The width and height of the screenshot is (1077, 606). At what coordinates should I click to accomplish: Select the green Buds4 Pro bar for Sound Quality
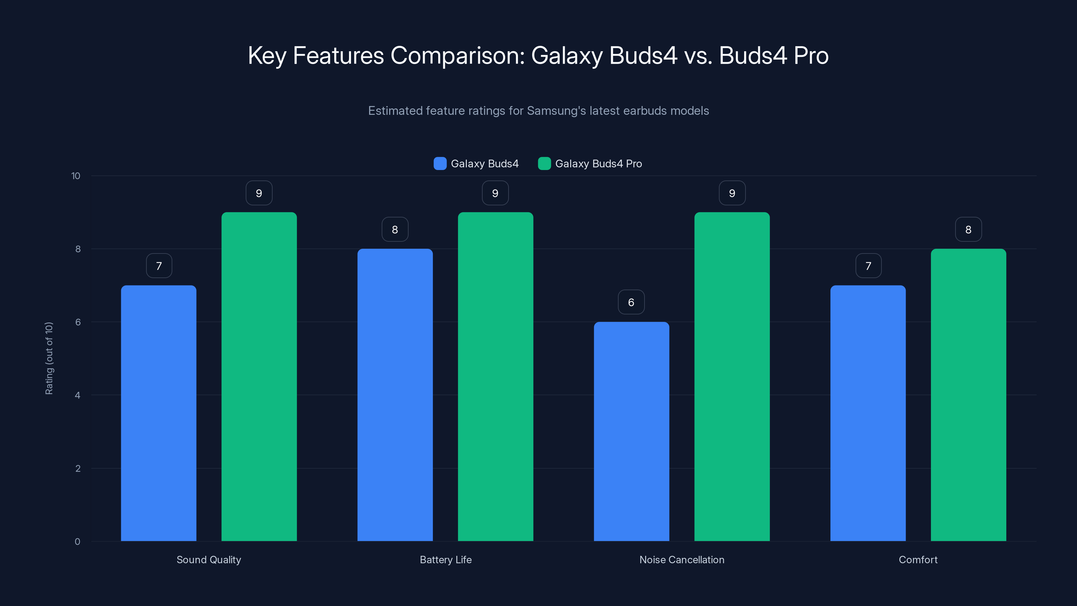coord(259,376)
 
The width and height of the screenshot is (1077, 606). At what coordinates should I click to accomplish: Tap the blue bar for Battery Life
coord(395,395)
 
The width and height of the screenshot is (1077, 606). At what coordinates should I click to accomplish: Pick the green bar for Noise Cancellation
coord(732,376)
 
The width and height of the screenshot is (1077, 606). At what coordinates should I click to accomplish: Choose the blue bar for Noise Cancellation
coord(631,431)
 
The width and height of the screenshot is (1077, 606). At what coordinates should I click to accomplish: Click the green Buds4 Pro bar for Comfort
coord(968,395)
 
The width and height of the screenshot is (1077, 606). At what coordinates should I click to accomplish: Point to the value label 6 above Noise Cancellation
coord(631,302)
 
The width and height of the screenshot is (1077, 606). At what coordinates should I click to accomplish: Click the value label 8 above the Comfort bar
coord(968,229)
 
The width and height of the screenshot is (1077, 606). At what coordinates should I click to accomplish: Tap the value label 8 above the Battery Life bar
coord(395,229)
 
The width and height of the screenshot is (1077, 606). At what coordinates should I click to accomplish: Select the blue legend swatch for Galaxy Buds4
coord(440,164)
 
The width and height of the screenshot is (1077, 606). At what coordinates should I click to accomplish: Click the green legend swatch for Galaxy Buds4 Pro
coord(544,164)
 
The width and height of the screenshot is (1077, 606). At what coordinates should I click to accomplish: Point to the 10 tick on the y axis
coord(76,176)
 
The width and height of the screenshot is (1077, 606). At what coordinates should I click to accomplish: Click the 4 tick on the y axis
coord(78,395)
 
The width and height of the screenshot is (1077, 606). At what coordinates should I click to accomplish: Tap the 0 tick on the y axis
coord(78,542)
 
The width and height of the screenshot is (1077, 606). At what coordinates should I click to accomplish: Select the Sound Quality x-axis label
coord(209,560)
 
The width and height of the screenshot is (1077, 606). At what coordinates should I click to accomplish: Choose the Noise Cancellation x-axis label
coord(682,560)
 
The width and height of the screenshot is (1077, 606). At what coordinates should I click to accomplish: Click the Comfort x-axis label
coord(918,560)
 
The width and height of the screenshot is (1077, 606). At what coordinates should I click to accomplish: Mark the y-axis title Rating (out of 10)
coord(49,358)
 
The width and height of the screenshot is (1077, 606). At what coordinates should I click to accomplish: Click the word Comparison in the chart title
coord(457,55)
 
